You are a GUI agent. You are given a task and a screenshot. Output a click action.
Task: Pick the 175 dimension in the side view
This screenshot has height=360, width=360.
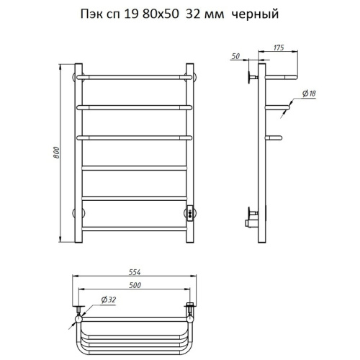(x=278, y=48)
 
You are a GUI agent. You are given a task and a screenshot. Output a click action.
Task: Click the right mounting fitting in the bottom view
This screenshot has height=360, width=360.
(x=190, y=312)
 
